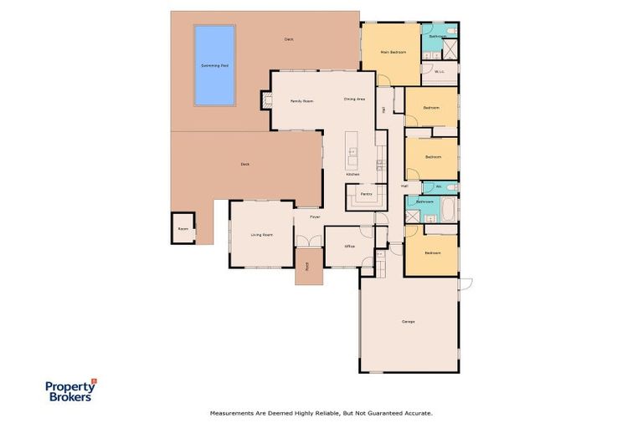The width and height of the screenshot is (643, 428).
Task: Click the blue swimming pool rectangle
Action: pyautogui.click(x=214, y=65)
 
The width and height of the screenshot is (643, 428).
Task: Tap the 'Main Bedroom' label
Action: pyautogui.click(x=393, y=52)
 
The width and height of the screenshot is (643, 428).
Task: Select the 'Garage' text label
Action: pyautogui.click(x=409, y=322)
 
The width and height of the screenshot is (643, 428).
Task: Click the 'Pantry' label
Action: pyautogui.click(x=366, y=194)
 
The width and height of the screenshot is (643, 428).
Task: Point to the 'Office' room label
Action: pyautogui.click(x=349, y=247)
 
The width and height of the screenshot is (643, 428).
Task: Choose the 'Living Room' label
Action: pyautogui.click(x=262, y=235)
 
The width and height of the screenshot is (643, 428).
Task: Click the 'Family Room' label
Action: pyautogui.click(x=301, y=100)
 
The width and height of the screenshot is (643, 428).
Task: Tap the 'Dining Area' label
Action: pyautogui.click(x=354, y=99)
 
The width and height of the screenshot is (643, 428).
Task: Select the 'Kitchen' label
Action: pyautogui.click(x=352, y=174)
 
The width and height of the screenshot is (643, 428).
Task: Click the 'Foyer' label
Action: pyautogui.click(x=315, y=217)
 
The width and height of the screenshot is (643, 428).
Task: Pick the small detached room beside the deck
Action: pyautogui.click(x=183, y=227)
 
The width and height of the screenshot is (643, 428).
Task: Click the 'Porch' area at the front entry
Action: pyautogui.click(x=307, y=267)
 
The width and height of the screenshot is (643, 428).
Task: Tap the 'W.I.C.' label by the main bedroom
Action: pyautogui.click(x=439, y=72)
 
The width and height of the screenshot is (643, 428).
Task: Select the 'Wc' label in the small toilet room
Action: pyautogui.click(x=438, y=186)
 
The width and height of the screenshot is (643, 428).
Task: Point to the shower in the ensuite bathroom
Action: pyautogui.click(x=450, y=48)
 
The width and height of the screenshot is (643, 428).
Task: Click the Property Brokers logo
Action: pyautogui.click(x=70, y=390)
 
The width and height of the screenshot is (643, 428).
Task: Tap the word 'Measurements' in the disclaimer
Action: pyautogui.click(x=231, y=413)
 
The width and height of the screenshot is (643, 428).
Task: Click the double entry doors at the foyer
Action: pyautogui.click(x=307, y=242)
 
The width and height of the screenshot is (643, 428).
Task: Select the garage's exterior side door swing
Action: pyautogui.click(x=466, y=283)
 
